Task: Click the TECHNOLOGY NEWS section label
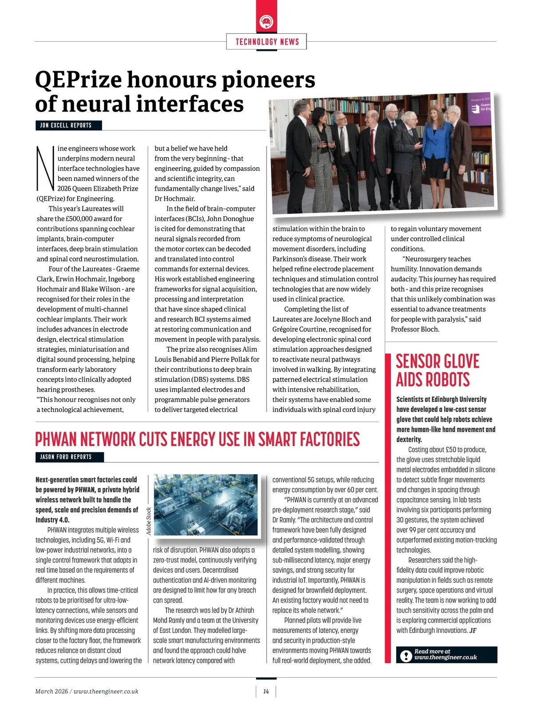pyautogui.click(x=267, y=42)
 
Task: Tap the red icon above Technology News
pyautogui.click(x=267, y=22)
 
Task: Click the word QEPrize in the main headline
pyautogui.click(x=78, y=80)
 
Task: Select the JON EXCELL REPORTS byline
pyautogui.click(x=66, y=125)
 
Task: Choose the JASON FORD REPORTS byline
pyautogui.click(x=66, y=457)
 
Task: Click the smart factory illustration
pyautogui.click(x=206, y=504)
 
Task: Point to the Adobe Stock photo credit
pyautogui.click(x=149, y=521)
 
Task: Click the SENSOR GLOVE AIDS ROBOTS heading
pyautogui.click(x=438, y=370)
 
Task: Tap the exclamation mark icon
pyautogui.click(x=406, y=656)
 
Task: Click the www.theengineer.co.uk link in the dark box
pyautogui.click(x=445, y=658)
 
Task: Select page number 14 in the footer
pyautogui.click(x=266, y=692)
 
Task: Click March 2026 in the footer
pyautogui.click(x=52, y=692)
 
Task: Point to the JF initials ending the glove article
pyautogui.click(x=473, y=631)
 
